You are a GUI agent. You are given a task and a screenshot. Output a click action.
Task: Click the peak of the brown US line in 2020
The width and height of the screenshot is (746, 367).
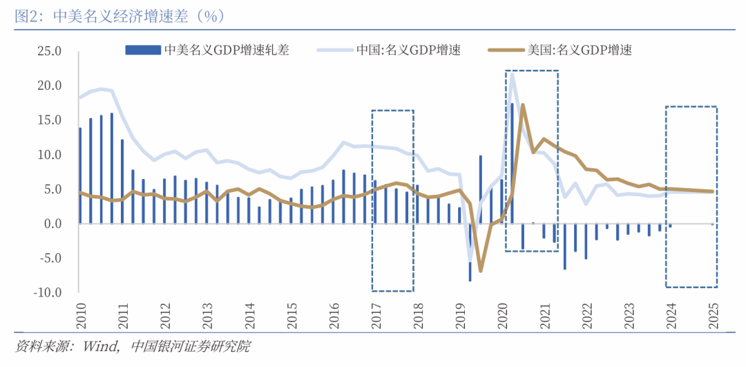(523, 105)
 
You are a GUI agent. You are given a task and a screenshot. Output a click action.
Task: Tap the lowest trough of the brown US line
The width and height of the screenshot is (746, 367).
(481, 270)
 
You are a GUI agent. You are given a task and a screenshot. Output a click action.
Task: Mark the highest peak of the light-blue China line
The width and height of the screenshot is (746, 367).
(512, 74)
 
